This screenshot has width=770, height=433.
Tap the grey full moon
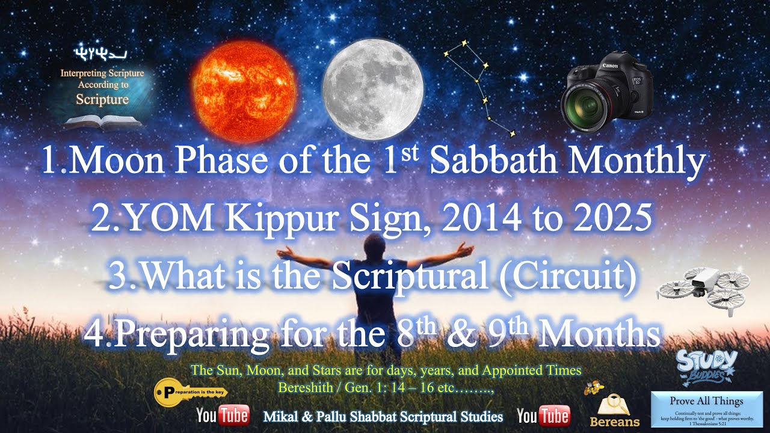372,85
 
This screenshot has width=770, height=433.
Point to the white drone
704,290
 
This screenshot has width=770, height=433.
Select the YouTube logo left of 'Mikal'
223,416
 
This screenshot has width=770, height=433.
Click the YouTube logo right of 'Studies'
543,416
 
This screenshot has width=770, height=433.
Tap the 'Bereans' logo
614,411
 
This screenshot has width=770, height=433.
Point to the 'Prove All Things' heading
706,401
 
